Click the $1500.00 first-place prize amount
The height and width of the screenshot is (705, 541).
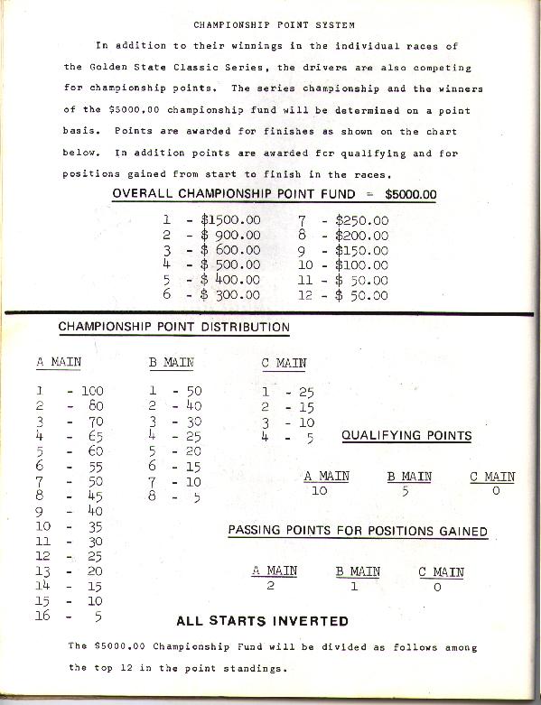point(229,220)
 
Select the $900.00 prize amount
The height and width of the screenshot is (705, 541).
point(229,236)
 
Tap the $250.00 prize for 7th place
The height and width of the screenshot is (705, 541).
point(361,220)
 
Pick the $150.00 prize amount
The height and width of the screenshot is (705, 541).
point(361,250)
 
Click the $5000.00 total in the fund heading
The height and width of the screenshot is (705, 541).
point(410,193)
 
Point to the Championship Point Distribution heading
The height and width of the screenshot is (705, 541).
point(174,327)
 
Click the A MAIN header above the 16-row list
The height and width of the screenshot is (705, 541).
point(59,362)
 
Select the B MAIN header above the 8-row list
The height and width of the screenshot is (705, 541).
point(172,362)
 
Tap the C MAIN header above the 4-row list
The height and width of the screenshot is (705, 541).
point(284,363)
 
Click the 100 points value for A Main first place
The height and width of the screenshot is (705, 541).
point(92,392)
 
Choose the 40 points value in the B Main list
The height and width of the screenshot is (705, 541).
point(192,406)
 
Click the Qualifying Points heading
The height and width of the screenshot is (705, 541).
point(406,435)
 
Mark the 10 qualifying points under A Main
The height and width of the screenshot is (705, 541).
point(318,491)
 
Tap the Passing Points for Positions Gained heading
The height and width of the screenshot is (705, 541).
point(358,531)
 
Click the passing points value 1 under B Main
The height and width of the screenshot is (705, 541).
point(354,586)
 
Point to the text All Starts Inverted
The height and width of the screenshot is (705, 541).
point(263,620)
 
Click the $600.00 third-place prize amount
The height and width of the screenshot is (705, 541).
point(229,250)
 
